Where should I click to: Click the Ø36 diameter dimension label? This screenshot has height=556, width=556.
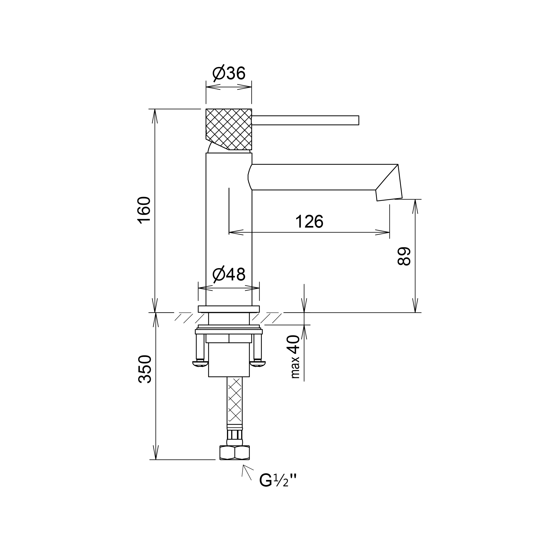[229, 74]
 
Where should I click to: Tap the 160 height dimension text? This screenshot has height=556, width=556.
[144, 210]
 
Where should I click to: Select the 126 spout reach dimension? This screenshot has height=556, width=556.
[309, 222]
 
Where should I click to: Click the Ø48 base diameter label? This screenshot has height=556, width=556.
[229, 275]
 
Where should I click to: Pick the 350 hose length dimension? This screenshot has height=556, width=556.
[145, 369]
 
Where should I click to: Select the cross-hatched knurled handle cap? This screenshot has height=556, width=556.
[229, 129]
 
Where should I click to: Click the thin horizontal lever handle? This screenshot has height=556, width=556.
[305, 120]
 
